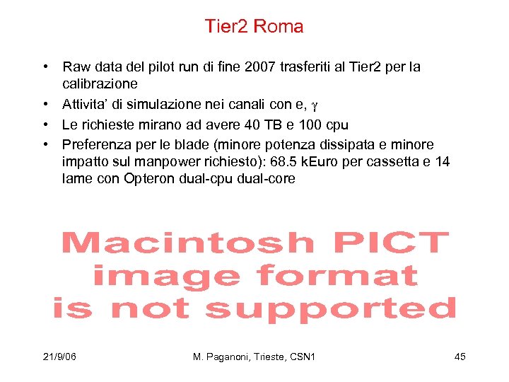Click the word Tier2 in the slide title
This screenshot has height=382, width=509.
(x=226, y=27)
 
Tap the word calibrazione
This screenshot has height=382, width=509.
(x=97, y=83)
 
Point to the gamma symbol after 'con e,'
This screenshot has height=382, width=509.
(x=315, y=106)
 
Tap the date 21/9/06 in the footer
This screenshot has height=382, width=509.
(x=59, y=357)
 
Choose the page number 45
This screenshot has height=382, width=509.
(x=460, y=357)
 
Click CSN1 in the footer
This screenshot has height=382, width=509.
(x=302, y=357)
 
